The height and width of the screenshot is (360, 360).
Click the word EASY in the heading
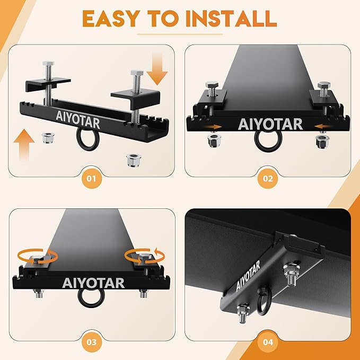coord(111,19)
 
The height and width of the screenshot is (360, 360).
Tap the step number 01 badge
coord(92,178)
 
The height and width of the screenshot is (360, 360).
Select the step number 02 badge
coord(268,178)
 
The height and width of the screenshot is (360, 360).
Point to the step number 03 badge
coord(92,343)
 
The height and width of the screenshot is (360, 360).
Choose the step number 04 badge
coord(268,343)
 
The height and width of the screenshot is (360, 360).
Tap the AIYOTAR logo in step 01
coord(78,120)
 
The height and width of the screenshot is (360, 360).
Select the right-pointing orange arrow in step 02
coord(213,127)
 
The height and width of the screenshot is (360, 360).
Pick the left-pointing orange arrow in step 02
coord(323,126)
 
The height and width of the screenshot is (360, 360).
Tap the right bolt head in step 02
coord(323,85)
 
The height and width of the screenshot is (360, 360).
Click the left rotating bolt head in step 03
coord(37,258)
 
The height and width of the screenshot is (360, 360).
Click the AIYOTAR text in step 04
coord(248,276)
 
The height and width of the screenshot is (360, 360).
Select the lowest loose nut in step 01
coord(134,160)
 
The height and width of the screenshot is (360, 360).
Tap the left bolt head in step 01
coord(48,63)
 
